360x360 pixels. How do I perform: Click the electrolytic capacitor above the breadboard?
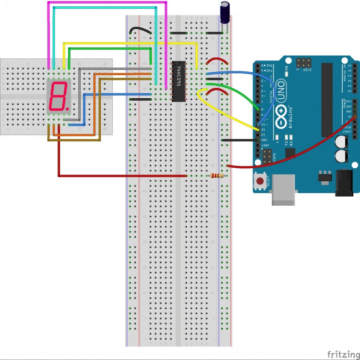[x=225, y=12]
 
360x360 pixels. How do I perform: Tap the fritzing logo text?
[x=343, y=354]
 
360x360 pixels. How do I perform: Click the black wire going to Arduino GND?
[x=238, y=140]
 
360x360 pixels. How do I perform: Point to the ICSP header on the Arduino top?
[x=303, y=62]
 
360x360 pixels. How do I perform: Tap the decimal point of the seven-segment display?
[x=68, y=109]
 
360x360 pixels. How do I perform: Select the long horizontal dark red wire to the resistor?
[x=120, y=176]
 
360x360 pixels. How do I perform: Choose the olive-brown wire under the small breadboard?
[x=72, y=140]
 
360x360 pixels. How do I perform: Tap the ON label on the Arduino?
[x=286, y=68]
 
